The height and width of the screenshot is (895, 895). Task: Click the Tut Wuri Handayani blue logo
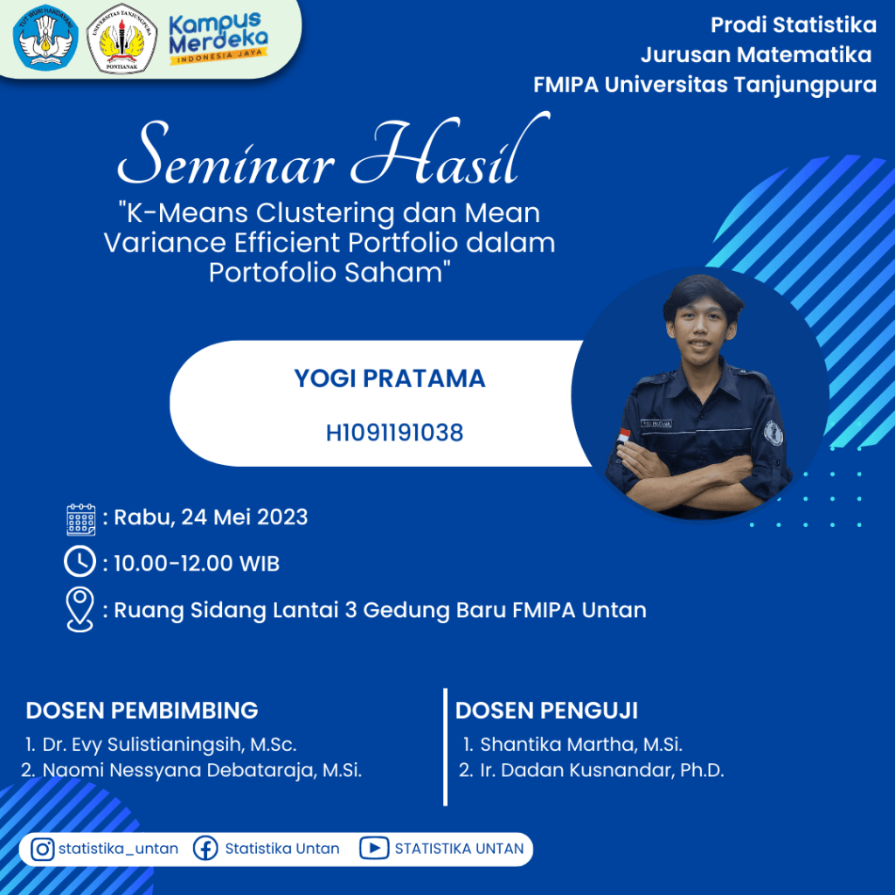click(x=45, y=38)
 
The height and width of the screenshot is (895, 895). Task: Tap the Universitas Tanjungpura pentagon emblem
click(x=121, y=38)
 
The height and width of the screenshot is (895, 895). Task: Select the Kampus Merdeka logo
click(x=219, y=38)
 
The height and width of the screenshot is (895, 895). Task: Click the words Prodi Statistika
click(x=794, y=25)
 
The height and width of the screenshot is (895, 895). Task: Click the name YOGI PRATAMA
click(x=390, y=378)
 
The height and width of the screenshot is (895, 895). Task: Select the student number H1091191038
click(x=394, y=433)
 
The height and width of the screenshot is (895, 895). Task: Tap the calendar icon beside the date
click(x=81, y=519)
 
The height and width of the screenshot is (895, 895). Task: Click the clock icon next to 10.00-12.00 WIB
click(x=80, y=562)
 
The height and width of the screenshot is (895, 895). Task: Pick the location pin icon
click(x=80, y=609)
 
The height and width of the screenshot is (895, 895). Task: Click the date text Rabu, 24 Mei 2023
click(x=211, y=517)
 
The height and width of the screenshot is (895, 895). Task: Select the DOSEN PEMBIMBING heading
click(x=142, y=711)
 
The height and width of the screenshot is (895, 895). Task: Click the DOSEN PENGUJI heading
click(x=546, y=711)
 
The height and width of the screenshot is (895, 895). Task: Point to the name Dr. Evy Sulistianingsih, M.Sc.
click(x=170, y=745)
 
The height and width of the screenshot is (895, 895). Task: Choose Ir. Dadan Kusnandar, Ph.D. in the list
click(x=602, y=770)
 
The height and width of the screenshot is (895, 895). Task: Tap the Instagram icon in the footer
click(x=42, y=849)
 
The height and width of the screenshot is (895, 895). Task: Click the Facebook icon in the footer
click(x=205, y=849)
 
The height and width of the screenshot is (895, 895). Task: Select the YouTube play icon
click(x=374, y=848)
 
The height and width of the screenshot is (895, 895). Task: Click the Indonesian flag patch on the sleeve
click(x=624, y=436)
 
